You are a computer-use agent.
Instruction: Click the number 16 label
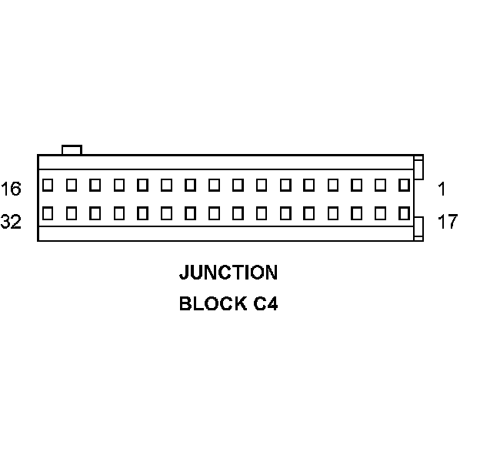tap(12, 189)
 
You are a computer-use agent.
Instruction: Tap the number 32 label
tap(12, 223)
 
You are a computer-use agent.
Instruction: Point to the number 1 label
tap(442, 189)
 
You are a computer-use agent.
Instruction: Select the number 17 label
tap(447, 223)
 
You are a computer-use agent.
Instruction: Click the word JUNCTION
tap(228, 273)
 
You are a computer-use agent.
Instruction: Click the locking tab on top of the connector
tap(72, 149)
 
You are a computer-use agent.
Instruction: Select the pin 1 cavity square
tap(404, 185)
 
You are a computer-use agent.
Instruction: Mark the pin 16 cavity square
tap(48, 185)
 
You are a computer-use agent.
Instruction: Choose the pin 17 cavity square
tap(404, 213)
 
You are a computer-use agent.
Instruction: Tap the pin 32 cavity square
tap(48, 213)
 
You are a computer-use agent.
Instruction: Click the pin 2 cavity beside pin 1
tap(380, 185)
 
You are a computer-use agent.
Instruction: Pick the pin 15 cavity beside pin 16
tap(72, 185)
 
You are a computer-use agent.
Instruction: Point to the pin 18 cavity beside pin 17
tap(380, 213)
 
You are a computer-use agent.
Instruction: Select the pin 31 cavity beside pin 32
tap(72, 213)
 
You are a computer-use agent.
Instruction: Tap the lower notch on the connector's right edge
tap(418, 228)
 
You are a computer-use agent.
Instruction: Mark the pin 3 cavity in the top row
tap(356, 185)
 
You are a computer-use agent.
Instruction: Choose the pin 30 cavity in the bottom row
tap(95, 213)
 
